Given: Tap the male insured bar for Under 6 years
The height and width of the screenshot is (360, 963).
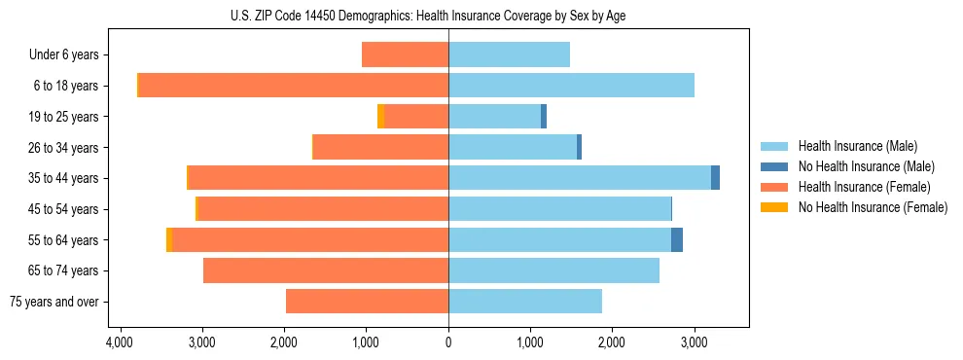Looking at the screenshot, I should pos(509,54).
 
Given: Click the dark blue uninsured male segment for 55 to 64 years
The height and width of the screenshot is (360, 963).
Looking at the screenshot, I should pos(677,239).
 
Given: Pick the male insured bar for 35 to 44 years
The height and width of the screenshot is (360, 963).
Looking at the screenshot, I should pos(580,177).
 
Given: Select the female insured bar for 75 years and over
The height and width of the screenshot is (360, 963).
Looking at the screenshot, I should pos(367,301).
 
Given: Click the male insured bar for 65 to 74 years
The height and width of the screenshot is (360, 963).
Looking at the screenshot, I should pos(553,270).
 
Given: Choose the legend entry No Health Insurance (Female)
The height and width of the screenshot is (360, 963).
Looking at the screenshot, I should pos(873,207).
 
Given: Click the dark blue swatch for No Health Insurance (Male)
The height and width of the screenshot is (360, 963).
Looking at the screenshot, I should pos(774,166).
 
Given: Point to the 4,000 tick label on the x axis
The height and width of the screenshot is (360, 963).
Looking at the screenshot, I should pos(120,342).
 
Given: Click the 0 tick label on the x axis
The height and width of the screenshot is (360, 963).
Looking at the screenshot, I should pos(448,342).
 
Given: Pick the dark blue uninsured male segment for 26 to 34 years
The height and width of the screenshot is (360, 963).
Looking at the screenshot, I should pos(579,147).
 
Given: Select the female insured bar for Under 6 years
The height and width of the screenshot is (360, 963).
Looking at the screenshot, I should pos(405,54).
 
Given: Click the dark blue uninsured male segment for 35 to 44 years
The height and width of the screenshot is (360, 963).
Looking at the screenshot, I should pos(715,177).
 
